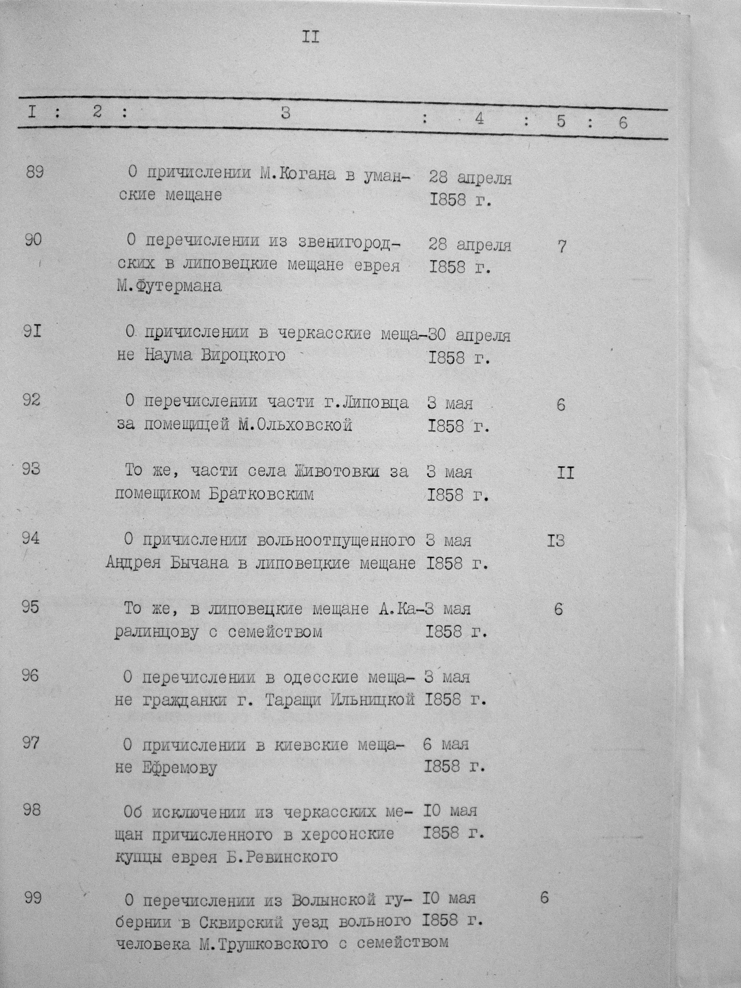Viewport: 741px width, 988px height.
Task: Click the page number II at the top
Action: [x=311, y=37]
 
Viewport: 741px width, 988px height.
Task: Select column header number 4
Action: [x=479, y=119]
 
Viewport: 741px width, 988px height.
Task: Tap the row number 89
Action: [x=34, y=172]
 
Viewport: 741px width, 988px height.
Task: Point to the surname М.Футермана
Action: [x=169, y=285]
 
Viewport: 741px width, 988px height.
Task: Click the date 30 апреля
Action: [x=469, y=335]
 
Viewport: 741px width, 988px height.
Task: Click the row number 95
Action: [x=30, y=607]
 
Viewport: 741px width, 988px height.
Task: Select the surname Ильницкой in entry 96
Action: [x=373, y=700]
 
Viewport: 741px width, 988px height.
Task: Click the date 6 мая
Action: [x=446, y=744]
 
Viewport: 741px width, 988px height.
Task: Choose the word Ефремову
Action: [x=179, y=768]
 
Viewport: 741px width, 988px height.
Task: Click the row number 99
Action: [x=33, y=898]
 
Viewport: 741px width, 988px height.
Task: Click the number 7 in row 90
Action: [x=562, y=247]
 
